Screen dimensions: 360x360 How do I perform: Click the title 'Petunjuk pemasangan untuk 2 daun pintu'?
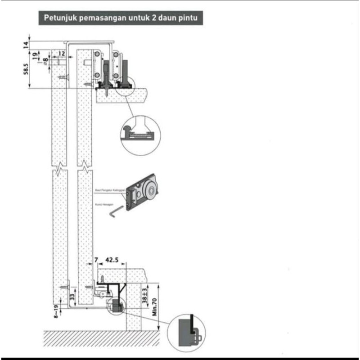(120, 18)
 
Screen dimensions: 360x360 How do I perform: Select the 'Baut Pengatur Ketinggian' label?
(110, 190)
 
